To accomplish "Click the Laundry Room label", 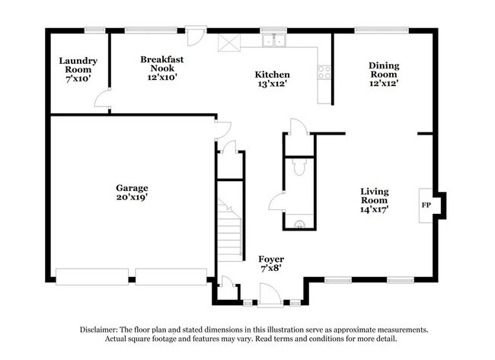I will click(x=78, y=69).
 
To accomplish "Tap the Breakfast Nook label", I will click(x=162, y=67).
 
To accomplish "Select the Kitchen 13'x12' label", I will click(x=272, y=79).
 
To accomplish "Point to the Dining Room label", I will click(x=384, y=75).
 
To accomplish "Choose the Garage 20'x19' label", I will click(x=132, y=192).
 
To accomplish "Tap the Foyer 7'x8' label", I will click(x=271, y=263).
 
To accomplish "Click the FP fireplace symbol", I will click(x=426, y=205).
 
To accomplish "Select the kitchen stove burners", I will click(x=324, y=72).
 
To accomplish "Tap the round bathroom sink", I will click(x=301, y=224).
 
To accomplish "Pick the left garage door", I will click(x=91, y=276).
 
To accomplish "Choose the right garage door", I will click(x=171, y=276).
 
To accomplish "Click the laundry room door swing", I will click(x=101, y=99).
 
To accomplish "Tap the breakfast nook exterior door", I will click(x=196, y=37).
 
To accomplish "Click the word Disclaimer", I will click(x=101, y=330).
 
